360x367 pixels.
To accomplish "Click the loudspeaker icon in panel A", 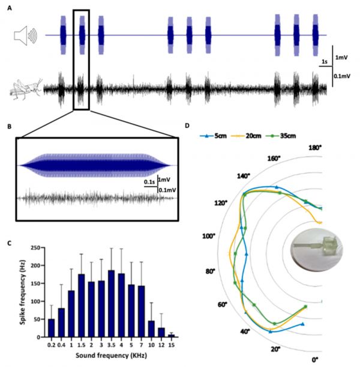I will [24, 35].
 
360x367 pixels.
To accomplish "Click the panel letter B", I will [10, 127].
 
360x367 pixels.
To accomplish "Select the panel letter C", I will [10, 242].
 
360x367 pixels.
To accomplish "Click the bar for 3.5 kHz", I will [112, 305].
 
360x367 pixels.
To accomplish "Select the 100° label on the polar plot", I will [209, 237].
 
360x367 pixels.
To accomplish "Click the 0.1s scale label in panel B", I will [149, 180].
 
